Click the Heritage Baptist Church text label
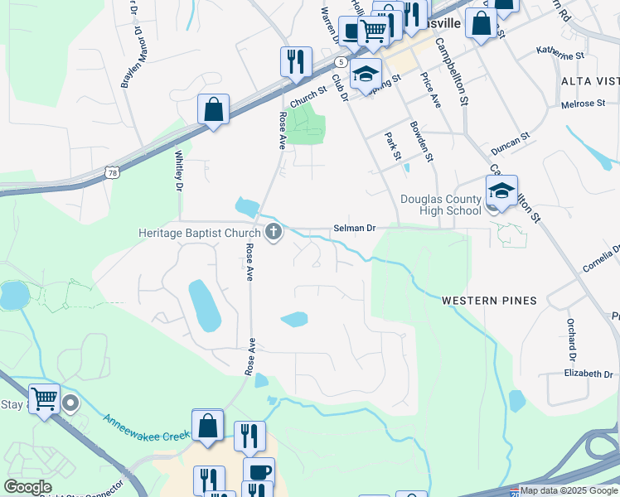pos(199,234)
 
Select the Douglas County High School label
pos(440,205)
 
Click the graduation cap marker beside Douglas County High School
pos(501,192)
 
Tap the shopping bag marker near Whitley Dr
pos(213,110)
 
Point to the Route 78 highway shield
pos(112,171)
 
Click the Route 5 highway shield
pos(341,62)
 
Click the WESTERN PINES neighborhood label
pos(489,300)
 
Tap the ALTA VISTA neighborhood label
pos(589,80)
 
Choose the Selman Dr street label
pos(355,228)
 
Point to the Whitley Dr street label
pos(178,169)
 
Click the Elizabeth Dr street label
pos(589,374)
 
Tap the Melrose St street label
pos(584,104)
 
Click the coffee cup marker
pos(259,472)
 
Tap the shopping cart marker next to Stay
pos(44,399)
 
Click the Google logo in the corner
pos(27,486)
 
